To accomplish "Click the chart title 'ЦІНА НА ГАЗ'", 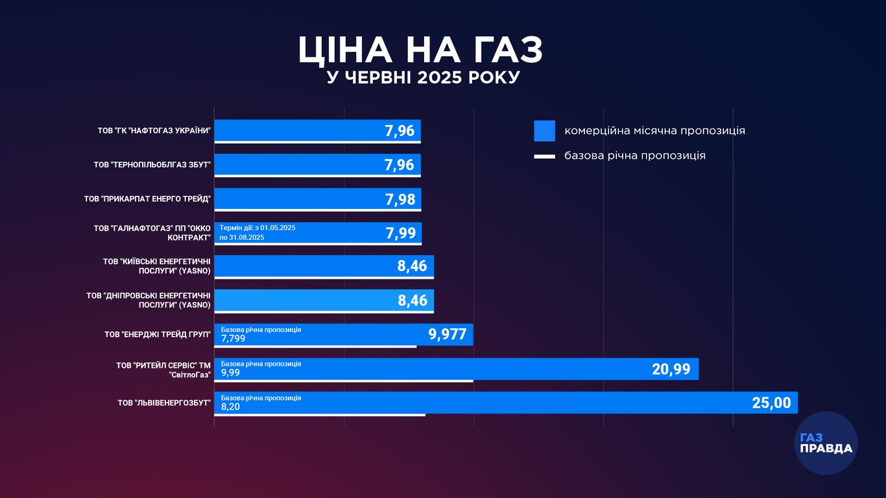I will [420, 50].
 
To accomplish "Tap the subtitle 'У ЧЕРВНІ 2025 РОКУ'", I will [423, 78].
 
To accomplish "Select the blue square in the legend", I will [544, 130].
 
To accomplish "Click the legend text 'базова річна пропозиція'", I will [634, 156].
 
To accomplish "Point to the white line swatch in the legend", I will [544, 156].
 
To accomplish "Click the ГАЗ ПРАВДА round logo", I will [826, 443].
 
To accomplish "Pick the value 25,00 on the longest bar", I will [771, 403].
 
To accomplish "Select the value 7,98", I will [400, 199].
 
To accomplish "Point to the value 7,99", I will [400, 233].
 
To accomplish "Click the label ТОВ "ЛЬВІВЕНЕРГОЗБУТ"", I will [164, 403].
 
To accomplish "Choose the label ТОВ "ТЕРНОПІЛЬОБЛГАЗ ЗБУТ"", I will [152, 165].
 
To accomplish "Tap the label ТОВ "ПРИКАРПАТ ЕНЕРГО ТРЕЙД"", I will [147, 199].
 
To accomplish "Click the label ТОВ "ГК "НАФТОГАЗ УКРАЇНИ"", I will [154, 130].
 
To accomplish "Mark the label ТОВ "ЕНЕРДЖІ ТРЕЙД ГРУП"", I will [158, 335].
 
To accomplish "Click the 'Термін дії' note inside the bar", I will [257, 233].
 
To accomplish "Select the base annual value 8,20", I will [229, 407].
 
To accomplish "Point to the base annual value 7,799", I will [233, 338].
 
